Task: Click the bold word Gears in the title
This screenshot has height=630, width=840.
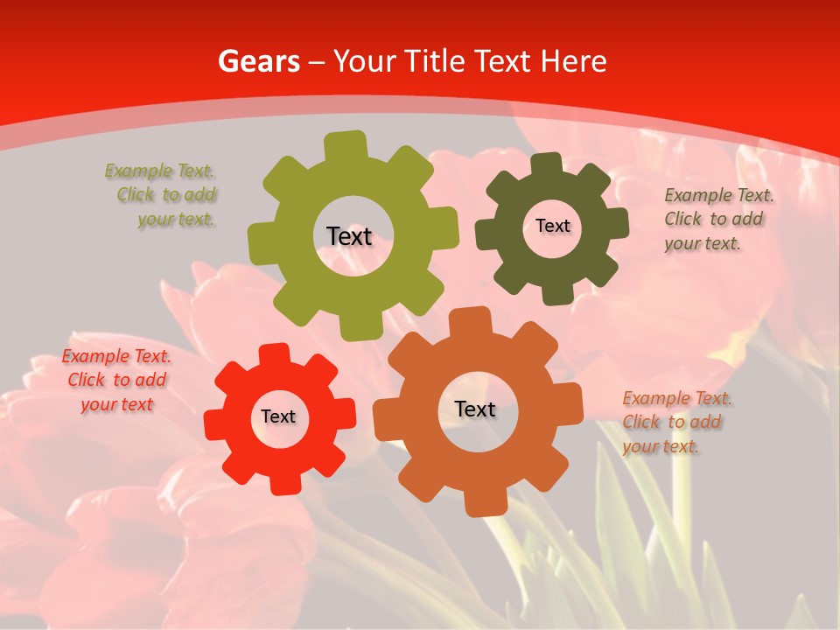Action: coord(258,61)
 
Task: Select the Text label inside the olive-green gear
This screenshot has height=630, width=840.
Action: coord(350,236)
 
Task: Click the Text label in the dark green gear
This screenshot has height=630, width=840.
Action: coord(552,226)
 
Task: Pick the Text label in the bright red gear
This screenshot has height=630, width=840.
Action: coord(278,416)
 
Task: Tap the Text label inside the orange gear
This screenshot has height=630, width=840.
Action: coord(475,409)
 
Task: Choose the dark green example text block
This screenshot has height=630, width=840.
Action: coord(717,219)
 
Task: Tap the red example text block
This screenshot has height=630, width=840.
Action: coord(116,380)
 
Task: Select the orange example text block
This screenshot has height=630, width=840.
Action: coord(676,422)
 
